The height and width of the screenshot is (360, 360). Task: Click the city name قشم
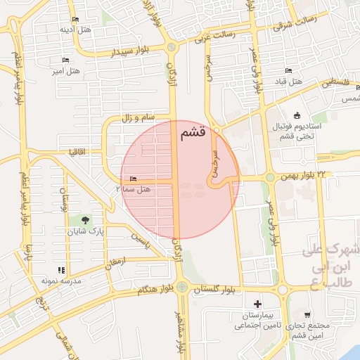[x=193, y=131]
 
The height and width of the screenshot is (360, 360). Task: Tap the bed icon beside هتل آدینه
[x=75, y=19]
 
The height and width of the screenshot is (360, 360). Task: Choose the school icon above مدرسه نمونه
[x=62, y=269]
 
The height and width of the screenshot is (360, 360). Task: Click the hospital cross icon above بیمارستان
[x=258, y=304]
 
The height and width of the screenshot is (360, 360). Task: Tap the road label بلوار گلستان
[x=217, y=290]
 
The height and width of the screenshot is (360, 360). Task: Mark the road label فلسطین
[x=337, y=83]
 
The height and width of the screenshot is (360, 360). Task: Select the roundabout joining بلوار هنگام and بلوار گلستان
[x=182, y=287]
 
